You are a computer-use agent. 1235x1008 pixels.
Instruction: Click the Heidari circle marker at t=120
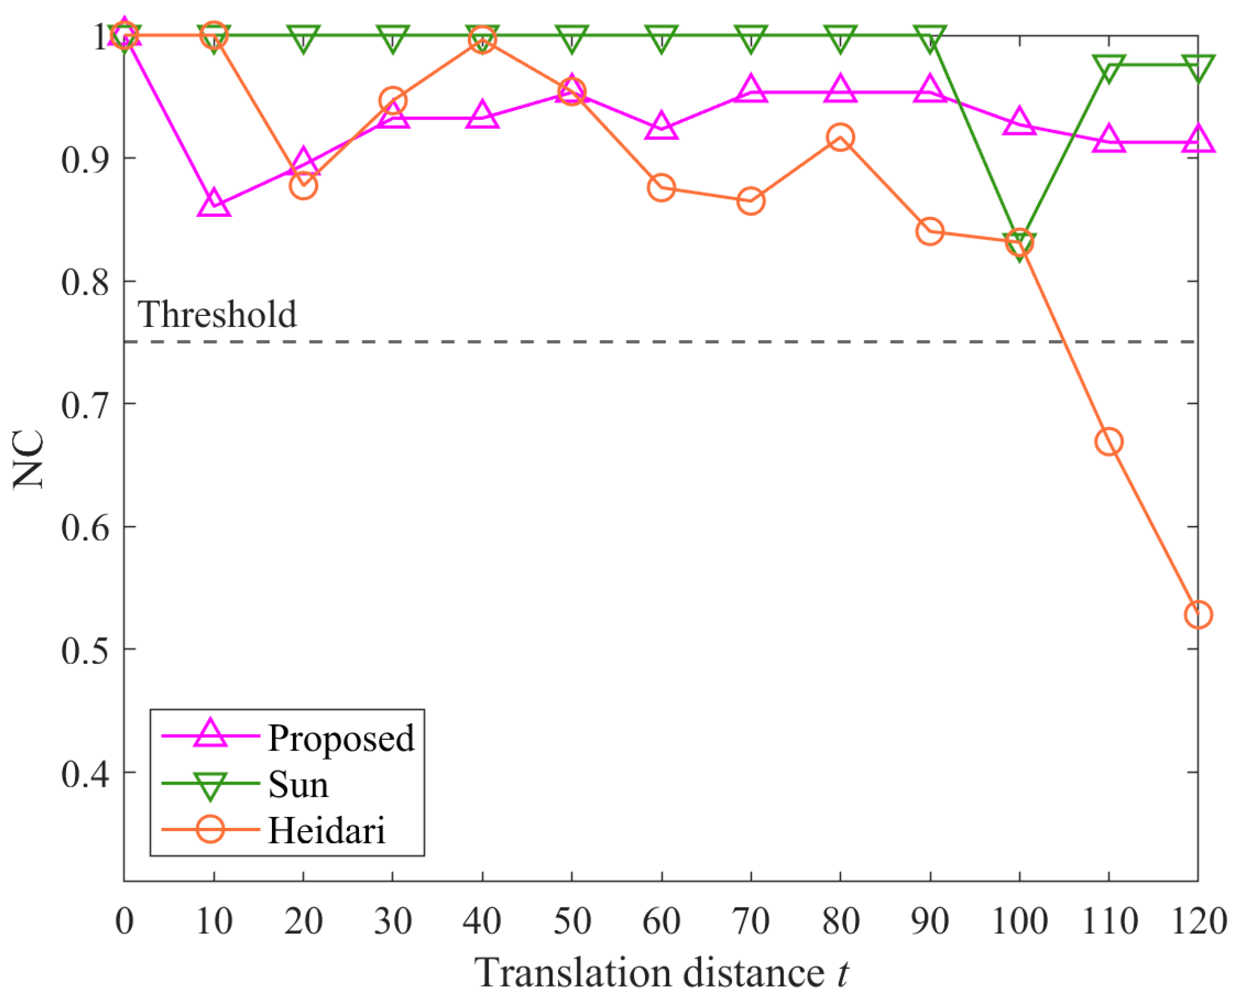pyautogui.click(x=1197, y=615)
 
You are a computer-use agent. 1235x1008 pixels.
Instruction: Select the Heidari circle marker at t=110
pyautogui.click(x=1109, y=442)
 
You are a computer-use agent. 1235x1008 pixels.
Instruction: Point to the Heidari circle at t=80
pyautogui.click(x=840, y=137)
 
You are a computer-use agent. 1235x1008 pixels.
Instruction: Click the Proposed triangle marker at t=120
pyautogui.click(x=1197, y=140)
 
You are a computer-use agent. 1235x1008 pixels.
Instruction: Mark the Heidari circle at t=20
pyautogui.click(x=303, y=186)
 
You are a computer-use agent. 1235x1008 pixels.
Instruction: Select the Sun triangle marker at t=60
pyautogui.click(x=662, y=38)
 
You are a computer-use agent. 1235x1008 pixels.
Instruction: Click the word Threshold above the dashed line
pyautogui.click(x=217, y=315)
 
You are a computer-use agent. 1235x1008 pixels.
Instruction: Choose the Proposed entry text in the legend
pyautogui.click(x=341, y=739)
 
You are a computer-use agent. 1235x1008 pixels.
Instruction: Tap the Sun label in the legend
pyautogui.click(x=298, y=785)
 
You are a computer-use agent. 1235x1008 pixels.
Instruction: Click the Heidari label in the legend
pyautogui.click(x=327, y=831)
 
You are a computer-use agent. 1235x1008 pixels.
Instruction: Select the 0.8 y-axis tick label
pyautogui.click(x=85, y=283)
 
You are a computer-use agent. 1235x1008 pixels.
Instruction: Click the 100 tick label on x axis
pyautogui.click(x=1020, y=921)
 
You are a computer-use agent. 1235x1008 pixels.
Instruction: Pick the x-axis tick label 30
pyautogui.click(x=393, y=921)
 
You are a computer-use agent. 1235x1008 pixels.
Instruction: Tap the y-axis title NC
pyautogui.click(x=29, y=459)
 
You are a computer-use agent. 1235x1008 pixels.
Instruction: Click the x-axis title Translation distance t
pyautogui.click(x=662, y=973)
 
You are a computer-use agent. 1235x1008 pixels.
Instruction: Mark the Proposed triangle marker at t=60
pyautogui.click(x=662, y=125)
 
